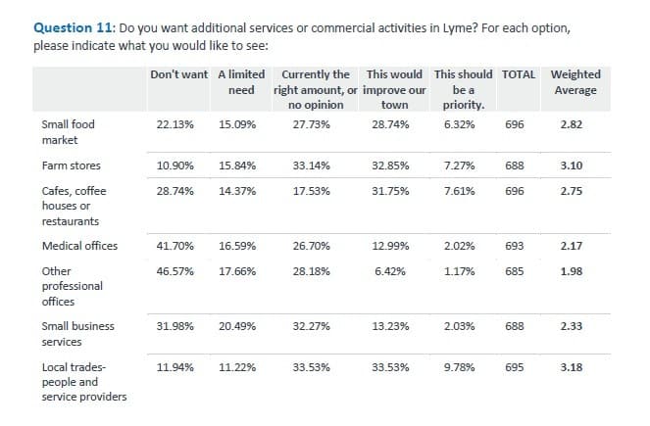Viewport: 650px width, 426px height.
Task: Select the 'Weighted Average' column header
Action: pos(575,82)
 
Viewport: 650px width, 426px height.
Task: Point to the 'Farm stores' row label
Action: pos(71,166)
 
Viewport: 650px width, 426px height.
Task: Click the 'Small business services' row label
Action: pos(77,333)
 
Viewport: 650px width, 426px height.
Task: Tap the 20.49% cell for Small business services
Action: pos(237,326)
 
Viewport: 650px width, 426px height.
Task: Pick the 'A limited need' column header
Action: pos(240,82)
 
